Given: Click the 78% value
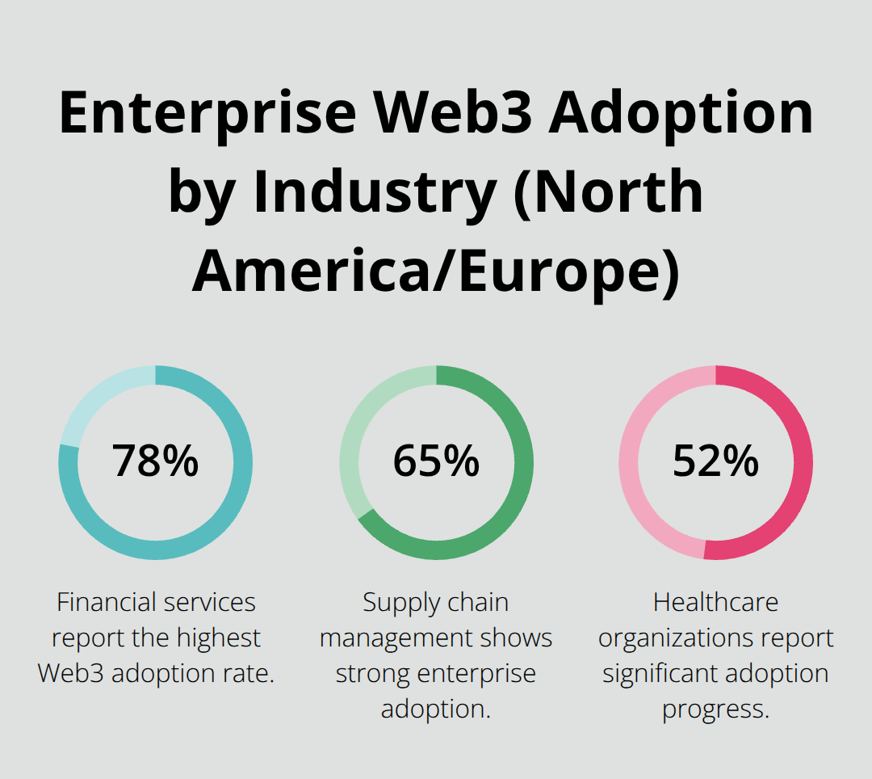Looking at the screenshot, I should (x=155, y=461).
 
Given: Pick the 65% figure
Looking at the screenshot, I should (x=436, y=461).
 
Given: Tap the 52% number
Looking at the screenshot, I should (x=715, y=461).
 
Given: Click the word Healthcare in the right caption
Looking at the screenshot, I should (x=715, y=602).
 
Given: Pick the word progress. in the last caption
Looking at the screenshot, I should (x=715, y=710).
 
